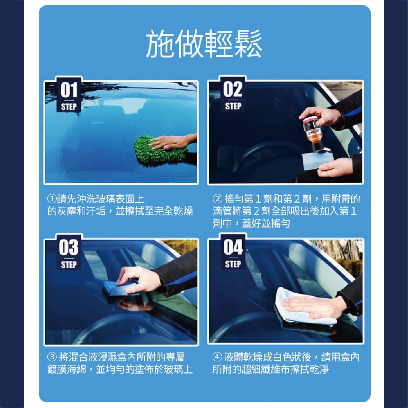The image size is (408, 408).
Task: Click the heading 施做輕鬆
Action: coord(204,44)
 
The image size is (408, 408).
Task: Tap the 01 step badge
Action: coord(69,95)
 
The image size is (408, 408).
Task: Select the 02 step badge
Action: coord(233,94)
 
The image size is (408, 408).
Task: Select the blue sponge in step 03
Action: coord(122,288)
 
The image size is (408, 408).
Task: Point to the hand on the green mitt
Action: coord(172,142)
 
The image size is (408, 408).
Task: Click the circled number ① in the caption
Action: coord(52,199)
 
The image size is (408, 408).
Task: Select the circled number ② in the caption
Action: coord(217,199)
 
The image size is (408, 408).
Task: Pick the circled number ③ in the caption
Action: coord(52,357)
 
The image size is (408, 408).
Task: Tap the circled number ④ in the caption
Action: coord(217,357)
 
